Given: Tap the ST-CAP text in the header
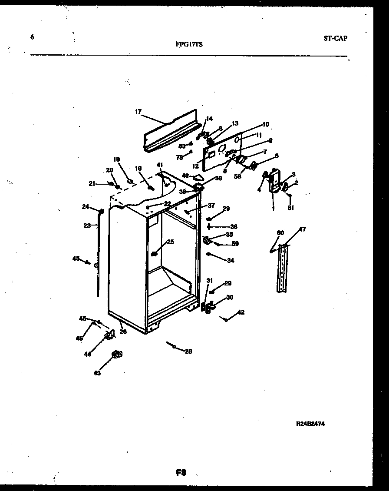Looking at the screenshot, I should pyautogui.click(x=335, y=38).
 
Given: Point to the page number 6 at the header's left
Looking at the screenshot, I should pyautogui.click(x=32, y=37).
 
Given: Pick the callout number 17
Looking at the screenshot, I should pyautogui.click(x=138, y=112).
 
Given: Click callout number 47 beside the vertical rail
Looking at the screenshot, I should pyautogui.click(x=302, y=229).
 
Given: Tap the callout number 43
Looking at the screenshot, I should pyautogui.click(x=97, y=373).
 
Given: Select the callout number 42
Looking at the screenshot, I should pyautogui.click(x=241, y=312).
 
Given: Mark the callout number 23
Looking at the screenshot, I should pyautogui.click(x=87, y=225).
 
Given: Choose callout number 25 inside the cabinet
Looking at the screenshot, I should pyautogui.click(x=170, y=242).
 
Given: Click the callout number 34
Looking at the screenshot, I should pyautogui.click(x=231, y=261).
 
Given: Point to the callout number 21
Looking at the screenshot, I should pyautogui.click(x=92, y=184).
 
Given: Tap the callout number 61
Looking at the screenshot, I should pyautogui.click(x=290, y=208).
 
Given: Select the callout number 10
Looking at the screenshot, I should pyautogui.click(x=265, y=124).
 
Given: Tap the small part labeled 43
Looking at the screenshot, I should pyautogui.click(x=116, y=355).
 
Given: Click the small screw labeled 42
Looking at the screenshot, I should pyautogui.click(x=226, y=319).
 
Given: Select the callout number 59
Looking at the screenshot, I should pyautogui.click(x=235, y=244).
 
